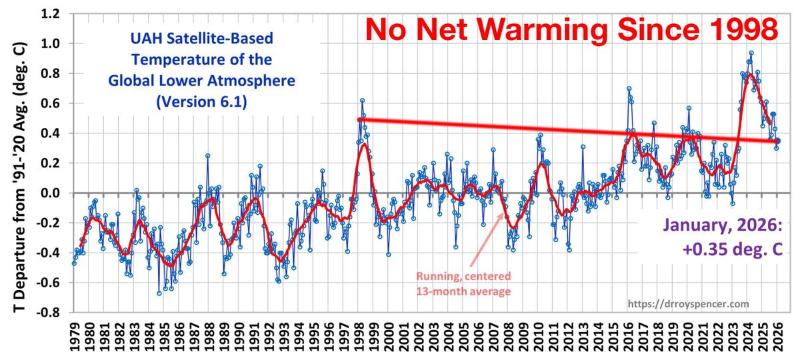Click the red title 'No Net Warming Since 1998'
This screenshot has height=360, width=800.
571,29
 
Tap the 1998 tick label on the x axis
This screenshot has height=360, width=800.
361,337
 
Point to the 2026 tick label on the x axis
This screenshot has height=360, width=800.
777,337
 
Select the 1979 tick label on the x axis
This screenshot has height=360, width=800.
79,337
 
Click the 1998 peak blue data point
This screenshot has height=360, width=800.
362,100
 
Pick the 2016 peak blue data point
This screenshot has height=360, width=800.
629,89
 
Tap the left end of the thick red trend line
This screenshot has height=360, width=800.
360,119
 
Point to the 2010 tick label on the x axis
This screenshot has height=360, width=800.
538,337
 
